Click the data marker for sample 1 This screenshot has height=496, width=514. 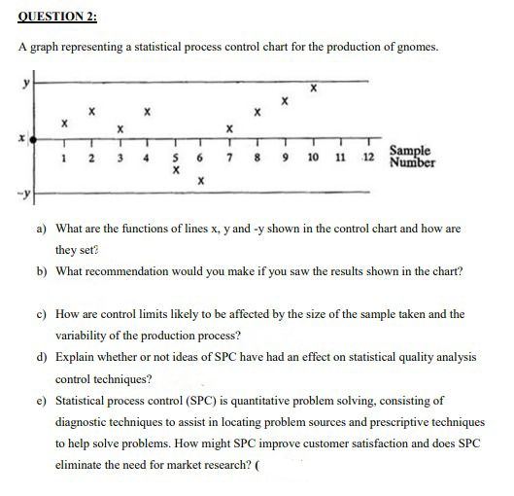pyautogui.click(x=63, y=124)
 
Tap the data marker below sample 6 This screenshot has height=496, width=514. pyautogui.click(x=199, y=180)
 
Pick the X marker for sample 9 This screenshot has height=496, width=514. pyautogui.click(x=284, y=100)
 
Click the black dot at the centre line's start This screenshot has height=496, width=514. pyautogui.click(x=36, y=140)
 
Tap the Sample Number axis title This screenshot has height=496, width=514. pyautogui.click(x=413, y=156)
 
